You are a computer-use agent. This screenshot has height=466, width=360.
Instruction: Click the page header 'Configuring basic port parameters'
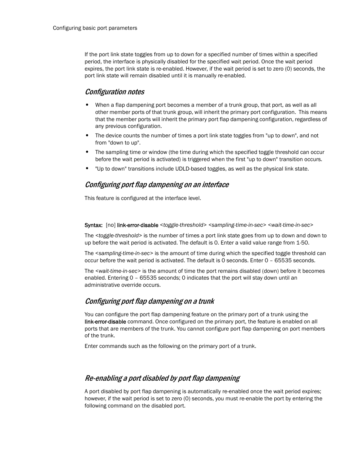(95, 28)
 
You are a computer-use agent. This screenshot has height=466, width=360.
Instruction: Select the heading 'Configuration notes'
(114, 92)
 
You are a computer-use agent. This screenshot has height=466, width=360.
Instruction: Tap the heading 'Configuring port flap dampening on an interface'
(157, 185)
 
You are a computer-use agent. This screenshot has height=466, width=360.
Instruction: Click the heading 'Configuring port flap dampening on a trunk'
(149, 301)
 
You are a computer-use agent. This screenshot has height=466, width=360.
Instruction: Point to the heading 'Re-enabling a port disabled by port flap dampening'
(162, 378)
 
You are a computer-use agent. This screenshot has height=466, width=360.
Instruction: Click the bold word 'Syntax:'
(93, 225)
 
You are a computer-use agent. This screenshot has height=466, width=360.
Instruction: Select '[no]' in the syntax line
(111, 225)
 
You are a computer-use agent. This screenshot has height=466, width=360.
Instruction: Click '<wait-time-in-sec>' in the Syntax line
(291, 225)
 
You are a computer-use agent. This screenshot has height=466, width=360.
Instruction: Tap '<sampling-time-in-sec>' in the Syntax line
(237, 225)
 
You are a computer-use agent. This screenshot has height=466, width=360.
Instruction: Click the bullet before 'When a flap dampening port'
(87, 105)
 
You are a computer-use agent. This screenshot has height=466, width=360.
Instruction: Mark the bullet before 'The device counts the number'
(87, 136)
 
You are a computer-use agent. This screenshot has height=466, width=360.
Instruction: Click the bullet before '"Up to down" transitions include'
(87, 169)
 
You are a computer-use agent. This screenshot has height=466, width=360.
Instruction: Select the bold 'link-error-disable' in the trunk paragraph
(105, 322)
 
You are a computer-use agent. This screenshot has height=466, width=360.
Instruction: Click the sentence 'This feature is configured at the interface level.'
(143, 198)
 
